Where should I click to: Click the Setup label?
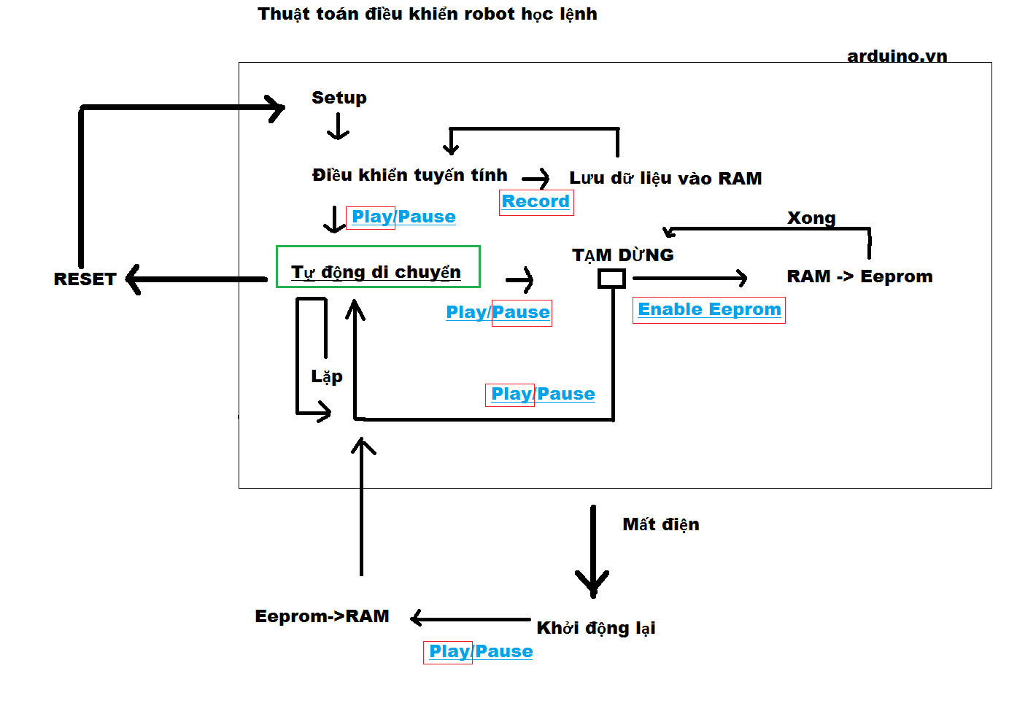[x=339, y=98]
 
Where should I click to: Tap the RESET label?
[x=85, y=279]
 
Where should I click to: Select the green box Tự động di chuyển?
[x=378, y=267]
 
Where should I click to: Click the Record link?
[x=536, y=202]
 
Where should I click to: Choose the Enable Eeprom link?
[x=709, y=310]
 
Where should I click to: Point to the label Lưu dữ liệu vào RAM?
[x=665, y=179]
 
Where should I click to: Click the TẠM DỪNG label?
[x=622, y=255]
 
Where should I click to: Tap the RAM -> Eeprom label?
[x=859, y=276]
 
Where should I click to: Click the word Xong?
[x=811, y=218]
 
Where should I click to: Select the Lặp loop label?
[x=326, y=376]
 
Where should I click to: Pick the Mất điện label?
[x=660, y=524]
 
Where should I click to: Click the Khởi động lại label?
[x=595, y=628]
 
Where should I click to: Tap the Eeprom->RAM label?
[x=322, y=616]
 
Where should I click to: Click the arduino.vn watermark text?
[x=897, y=56]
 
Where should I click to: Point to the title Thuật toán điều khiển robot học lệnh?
[x=427, y=14]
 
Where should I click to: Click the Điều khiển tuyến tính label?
[x=409, y=175]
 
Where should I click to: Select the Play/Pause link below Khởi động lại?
[x=480, y=651]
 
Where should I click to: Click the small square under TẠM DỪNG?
[x=611, y=278]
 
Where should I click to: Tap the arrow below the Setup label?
[x=338, y=127]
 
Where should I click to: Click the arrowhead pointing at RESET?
[x=133, y=279]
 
